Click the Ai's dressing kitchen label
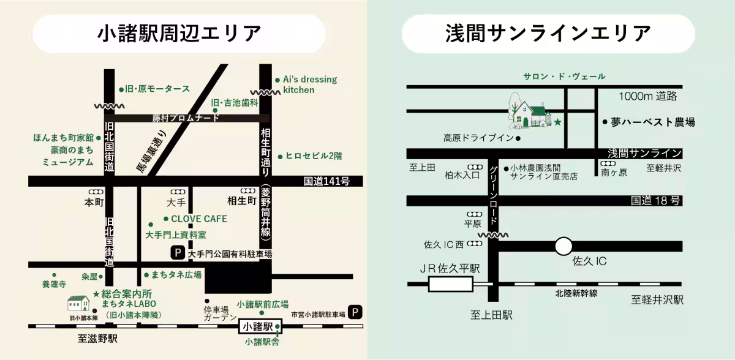pyautogui.click(x=309, y=84)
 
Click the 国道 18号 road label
pyautogui.click(x=655, y=201)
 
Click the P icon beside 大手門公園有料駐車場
pyautogui.click(x=178, y=252)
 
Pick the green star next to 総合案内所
pyautogui.click(x=96, y=294)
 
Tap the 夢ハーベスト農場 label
pyautogui.click(x=652, y=122)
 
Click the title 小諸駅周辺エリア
pyautogui.click(x=179, y=34)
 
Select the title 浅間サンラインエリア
pyautogui.click(x=548, y=34)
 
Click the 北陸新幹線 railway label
pyautogui.click(x=576, y=293)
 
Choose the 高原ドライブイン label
pyautogui.click(x=478, y=138)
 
